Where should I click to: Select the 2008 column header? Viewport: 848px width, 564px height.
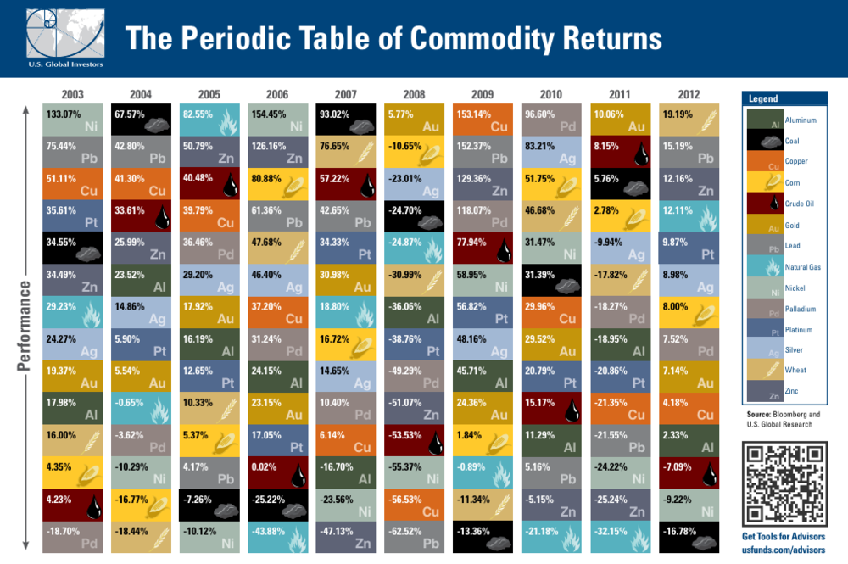click(415, 93)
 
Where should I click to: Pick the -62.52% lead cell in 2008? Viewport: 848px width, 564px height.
click(415, 533)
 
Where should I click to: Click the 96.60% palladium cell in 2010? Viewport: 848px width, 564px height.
click(552, 120)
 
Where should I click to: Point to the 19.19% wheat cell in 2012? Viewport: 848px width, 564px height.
click(689, 120)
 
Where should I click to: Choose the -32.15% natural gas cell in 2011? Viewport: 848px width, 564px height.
click(620, 533)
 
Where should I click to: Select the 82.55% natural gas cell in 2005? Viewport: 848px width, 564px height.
click(209, 120)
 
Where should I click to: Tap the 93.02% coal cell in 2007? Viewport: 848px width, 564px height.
click(346, 120)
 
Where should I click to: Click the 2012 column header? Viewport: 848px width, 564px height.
click(689, 93)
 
